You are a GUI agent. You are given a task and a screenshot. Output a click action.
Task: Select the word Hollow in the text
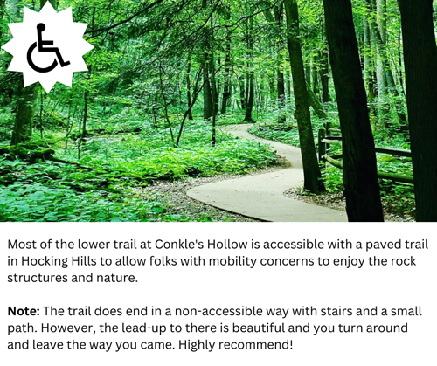click(x=227, y=245)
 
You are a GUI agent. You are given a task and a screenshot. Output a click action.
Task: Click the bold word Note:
click(x=24, y=311)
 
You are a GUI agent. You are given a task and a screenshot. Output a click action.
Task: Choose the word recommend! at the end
click(x=255, y=345)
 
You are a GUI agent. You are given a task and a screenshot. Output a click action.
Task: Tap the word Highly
click(x=197, y=345)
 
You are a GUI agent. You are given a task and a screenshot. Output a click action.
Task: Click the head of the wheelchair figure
click(x=41, y=27)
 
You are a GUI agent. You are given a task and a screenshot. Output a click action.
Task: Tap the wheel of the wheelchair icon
click(x=42, y=59)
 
